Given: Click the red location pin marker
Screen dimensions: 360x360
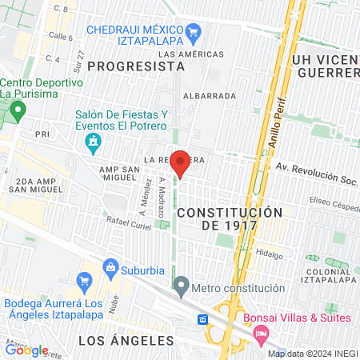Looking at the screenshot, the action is [181, 162].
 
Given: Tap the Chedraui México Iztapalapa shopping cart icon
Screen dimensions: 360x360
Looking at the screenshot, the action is [193, 33].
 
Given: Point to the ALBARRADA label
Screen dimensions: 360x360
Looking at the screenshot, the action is [210, 95].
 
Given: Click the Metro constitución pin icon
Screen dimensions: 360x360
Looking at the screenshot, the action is [182, 286].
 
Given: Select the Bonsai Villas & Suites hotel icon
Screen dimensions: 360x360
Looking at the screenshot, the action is [261, 339].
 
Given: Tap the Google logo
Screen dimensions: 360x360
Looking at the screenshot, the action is [27, 350].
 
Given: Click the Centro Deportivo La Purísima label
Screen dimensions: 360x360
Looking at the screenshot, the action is [42, 88].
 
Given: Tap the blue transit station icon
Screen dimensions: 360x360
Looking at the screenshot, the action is [204, 319].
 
